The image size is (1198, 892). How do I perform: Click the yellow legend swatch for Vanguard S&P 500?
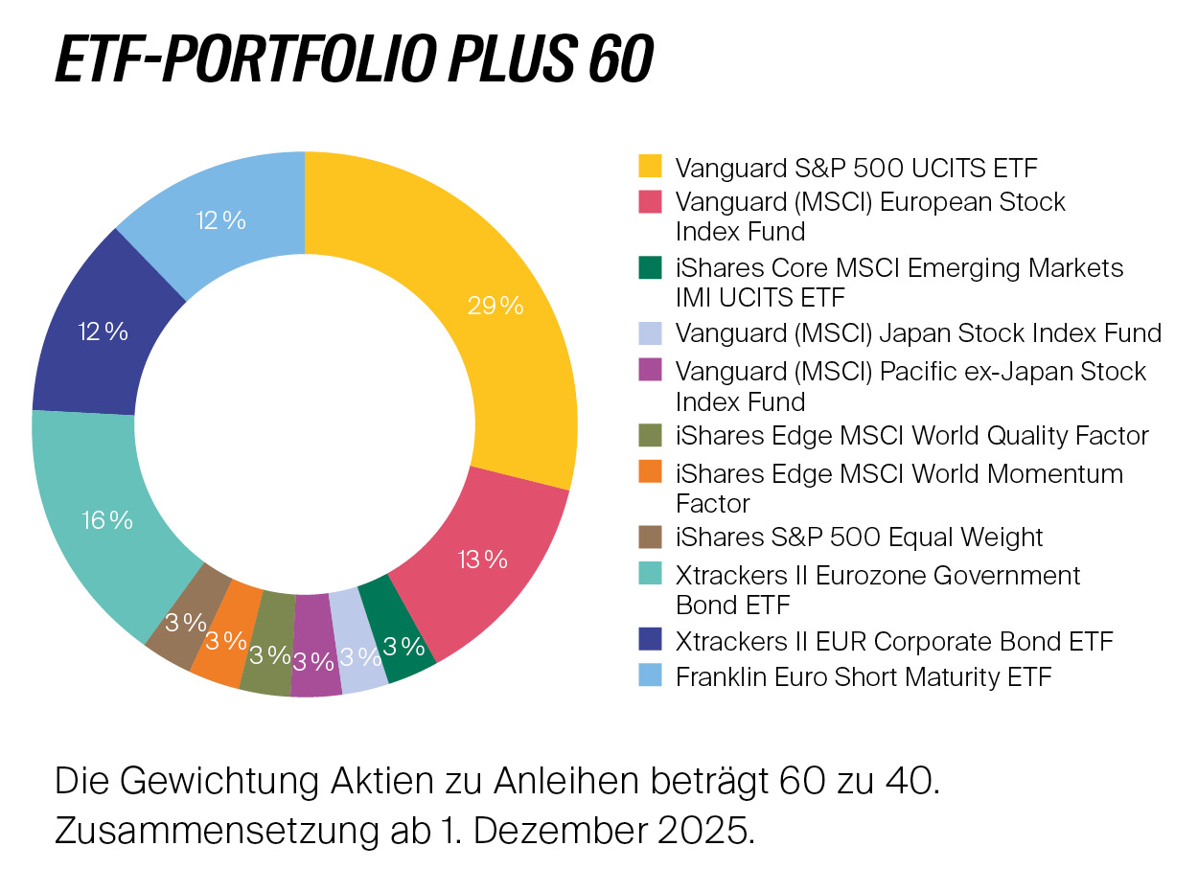pos(651,167)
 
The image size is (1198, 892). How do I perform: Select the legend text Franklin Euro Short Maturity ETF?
pos(864,676)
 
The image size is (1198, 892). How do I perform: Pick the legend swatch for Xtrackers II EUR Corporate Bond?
pos(651,639)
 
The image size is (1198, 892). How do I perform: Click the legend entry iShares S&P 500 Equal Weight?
pos(859,537)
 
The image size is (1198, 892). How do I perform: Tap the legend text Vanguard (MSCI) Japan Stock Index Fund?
pos(918,333)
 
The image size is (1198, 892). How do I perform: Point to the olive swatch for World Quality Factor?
pos(651,435)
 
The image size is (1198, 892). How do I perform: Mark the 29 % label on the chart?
pos(495,306)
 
